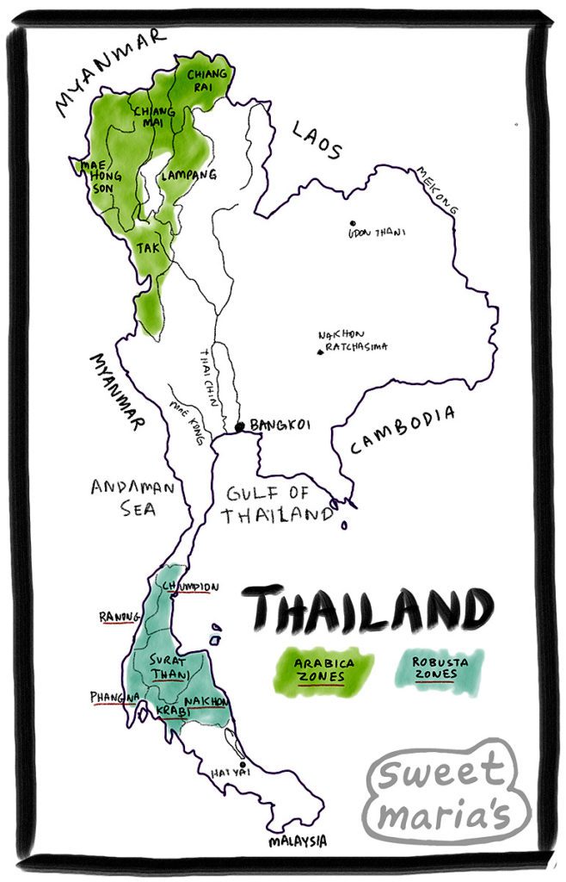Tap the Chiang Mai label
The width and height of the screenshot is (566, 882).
click(x=152, y=117)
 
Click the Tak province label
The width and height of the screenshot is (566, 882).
click(x=147, y=246)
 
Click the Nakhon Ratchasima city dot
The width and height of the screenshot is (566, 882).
click(x=321, y=351)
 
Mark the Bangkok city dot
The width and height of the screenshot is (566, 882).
click(x=240, y=425)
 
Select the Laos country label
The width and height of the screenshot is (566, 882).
click(x=317, y=140)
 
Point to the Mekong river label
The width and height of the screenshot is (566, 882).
click(x=437, y=190)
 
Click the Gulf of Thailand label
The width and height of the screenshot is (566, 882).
click(x=277, y=505)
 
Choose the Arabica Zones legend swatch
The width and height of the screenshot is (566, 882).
click(x=323, y=670)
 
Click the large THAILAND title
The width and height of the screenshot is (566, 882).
click(x=372, y=610)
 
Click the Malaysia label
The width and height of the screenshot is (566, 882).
click(x=297, y=841)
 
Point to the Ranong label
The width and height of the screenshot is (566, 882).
click(x=119, y=617)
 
